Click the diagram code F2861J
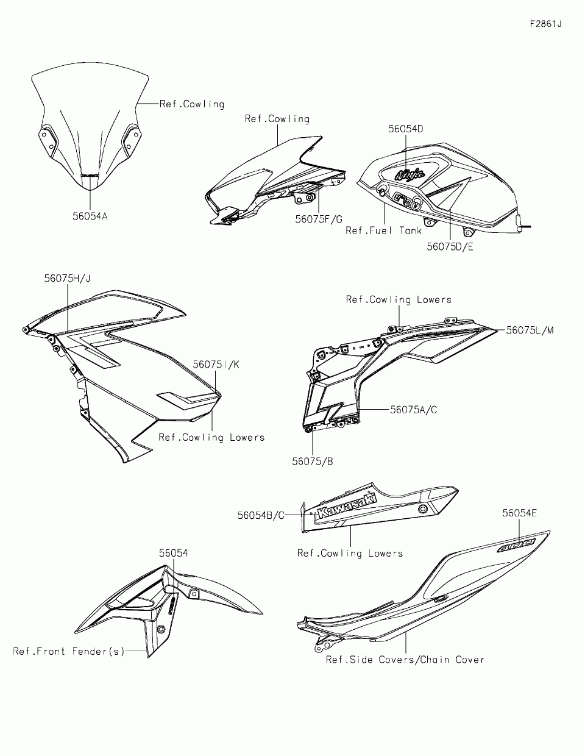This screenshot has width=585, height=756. pyautogui.click(x=545, y=24)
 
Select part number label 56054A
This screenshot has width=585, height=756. pyautogui.click(x=90, y=215)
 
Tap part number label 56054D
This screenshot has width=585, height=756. pyautogui.click(x=406, y=129)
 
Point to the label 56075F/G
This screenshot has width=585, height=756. pyautogui.click(x=319, y=219)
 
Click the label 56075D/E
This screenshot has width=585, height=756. pyautogui.click(x=450, y=246)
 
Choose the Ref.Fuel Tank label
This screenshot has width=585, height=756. pyautogui.click(x=383, y=230)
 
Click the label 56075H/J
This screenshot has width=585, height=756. pyautogui.click(x=67, y=278)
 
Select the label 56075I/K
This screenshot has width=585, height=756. pyautogui.click(x=216, y=364)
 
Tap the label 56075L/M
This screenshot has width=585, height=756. pyautogui.click(x=530, y=330)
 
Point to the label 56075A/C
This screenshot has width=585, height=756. pyautogui.click(x=414, y=410)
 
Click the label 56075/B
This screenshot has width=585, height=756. pyautogui.click(x=312, y=461)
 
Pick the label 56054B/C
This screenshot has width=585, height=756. pyautogui.click(x=261, y=515)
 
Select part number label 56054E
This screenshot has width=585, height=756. pyautogui.click(x=520, y=513)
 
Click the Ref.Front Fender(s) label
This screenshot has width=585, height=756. pyautogui.click(x=69, y=651)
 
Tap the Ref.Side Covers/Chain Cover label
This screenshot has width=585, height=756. pyautogui.click(x=405, y=659)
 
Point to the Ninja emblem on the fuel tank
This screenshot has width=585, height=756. pyautogui.click(x=409, y=175)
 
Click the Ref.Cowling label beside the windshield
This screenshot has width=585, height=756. pyautogui.click(x=192, y=104)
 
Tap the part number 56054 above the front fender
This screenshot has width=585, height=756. pyautogui.click(x=174, y=553)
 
